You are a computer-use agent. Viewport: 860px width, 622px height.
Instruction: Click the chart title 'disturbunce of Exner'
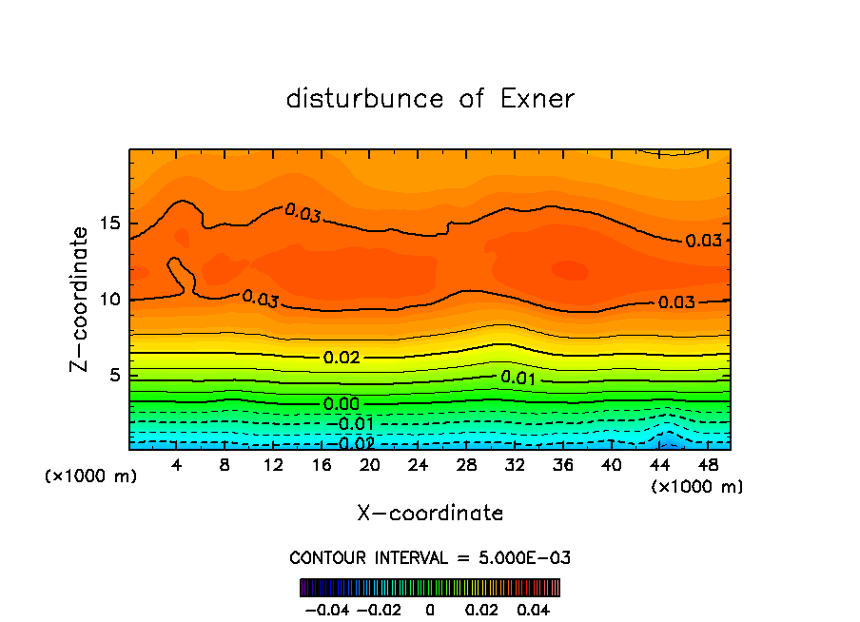click(x=430, y=99)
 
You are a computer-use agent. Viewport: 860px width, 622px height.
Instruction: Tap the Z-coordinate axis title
click(x=81, y=299)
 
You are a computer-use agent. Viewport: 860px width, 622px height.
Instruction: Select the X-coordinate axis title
click(x=430, y=514)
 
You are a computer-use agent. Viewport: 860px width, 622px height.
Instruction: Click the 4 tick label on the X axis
click(x=177, y=465)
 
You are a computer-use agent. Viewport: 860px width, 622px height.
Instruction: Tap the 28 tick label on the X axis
click(x=466, y=465)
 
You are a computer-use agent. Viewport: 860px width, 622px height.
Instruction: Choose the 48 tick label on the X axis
click(x=708, y=465)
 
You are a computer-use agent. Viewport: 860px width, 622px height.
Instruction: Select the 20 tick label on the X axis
click(x=370, y=465)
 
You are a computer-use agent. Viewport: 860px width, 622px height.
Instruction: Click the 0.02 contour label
click(x=342, y=358)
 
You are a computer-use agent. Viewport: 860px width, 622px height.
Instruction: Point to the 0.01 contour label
click(x=518, y=379)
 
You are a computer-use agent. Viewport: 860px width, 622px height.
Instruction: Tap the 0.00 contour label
click(x=342, y=404)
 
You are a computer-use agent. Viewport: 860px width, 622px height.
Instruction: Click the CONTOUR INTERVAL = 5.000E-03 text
click(x=430, y=557)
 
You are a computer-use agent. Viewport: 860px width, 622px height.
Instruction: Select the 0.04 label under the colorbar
click(x=534, y=608)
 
